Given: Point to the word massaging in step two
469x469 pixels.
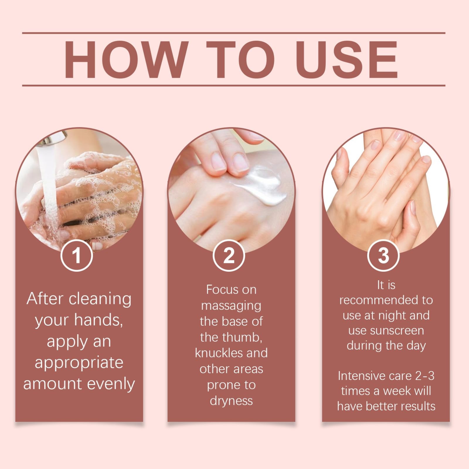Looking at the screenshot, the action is tap(231, 306).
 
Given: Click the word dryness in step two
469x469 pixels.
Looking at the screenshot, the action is tap(231, 401).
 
